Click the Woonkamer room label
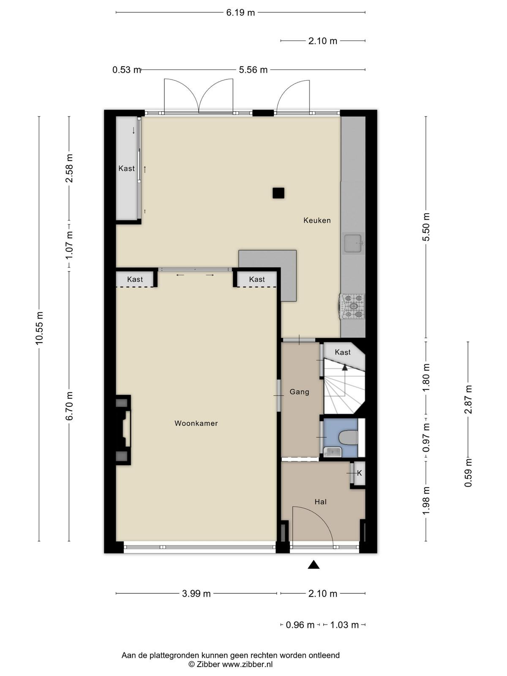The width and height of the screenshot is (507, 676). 196,423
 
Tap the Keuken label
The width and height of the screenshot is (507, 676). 317,220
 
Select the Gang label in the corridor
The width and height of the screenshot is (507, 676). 299,392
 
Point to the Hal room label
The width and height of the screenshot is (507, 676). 320,502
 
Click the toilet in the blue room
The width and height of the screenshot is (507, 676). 348,437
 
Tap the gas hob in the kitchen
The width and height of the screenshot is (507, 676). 352,306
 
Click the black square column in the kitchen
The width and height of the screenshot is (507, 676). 278,193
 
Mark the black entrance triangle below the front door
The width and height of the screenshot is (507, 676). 313,564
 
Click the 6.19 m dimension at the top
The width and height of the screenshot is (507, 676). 241,13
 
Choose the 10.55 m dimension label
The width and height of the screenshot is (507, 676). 39,328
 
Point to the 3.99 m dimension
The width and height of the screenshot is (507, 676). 196,594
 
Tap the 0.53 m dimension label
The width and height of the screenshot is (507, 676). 126,70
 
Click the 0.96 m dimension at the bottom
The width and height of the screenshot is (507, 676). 300,625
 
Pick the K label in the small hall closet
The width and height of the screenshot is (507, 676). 359,473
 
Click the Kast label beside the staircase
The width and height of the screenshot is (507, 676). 343,352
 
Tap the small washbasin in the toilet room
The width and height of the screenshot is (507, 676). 333,452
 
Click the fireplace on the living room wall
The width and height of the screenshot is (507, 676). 123,430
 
